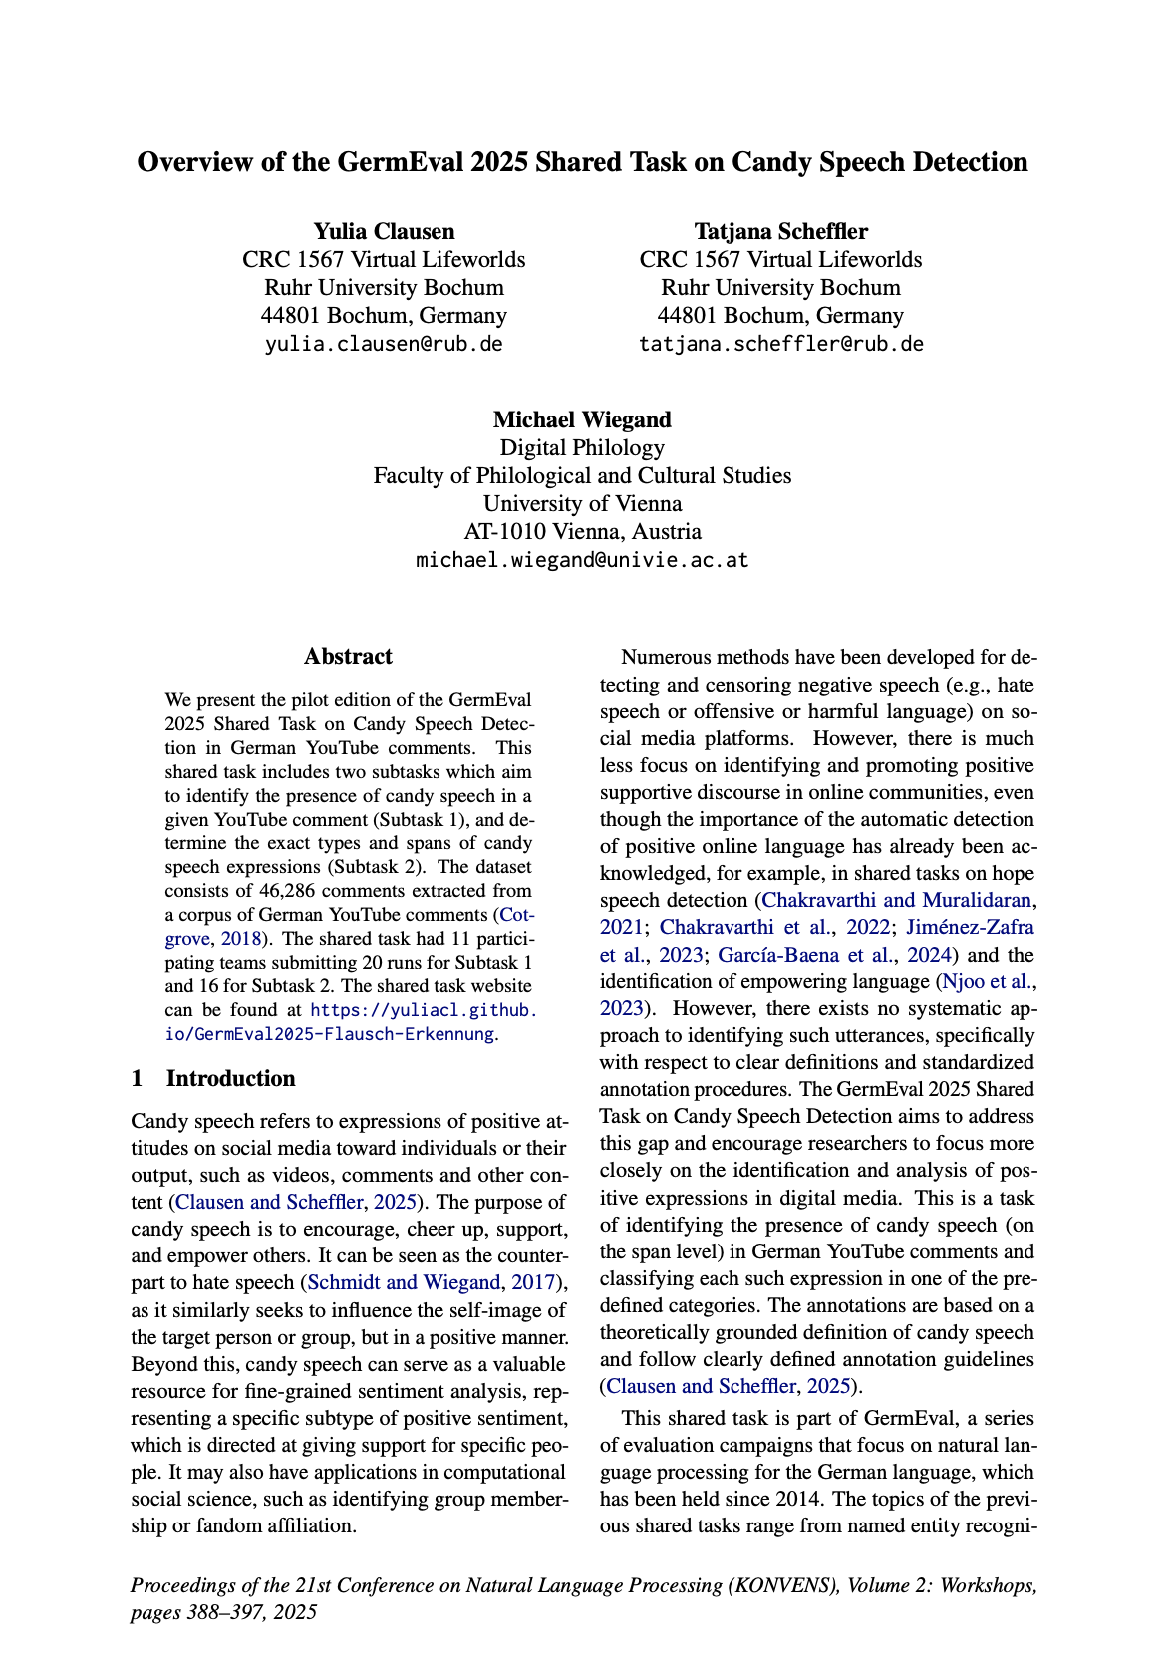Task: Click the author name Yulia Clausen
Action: pyautogui.click(x=384, y=232)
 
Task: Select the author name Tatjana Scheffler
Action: pyautogui.click(x=780, y=232)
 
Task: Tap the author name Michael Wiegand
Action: pyautogui.click(x=582, y=419)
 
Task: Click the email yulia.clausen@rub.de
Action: pyautogui.click(x=384, y=345)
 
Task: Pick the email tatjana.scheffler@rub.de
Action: pyautogui.click(x=780, y=345)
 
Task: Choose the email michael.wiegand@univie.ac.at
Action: pyautogui.click(x=582, y=560)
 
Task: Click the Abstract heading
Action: pyautogui.click(x=348, y=656)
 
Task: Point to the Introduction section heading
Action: pyautogui.click(x=230, y=1079)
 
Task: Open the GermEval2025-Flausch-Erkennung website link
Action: pyautogui.click(x=328, y=1033)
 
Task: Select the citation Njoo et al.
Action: pyautogui.click(x=983, y=981)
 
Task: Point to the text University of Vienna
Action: pyautogui.click(x=582, y=503)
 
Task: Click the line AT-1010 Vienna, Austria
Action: pyautogui.click(x=582, y=531)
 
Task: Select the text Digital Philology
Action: pyautogui.click(x=582, y=447)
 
